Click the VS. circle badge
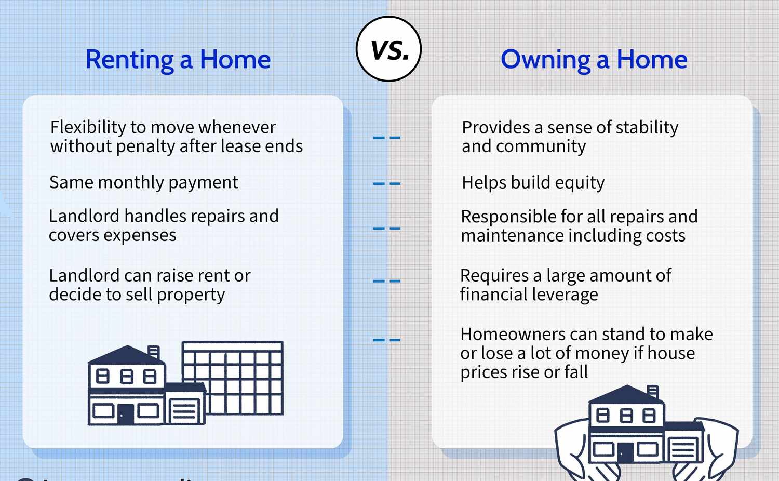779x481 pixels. point(388,49)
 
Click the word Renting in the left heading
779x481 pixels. point(129,60)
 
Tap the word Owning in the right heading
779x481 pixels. point(545,60)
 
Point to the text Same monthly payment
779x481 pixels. point(143,182)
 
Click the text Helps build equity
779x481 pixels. point(533,183)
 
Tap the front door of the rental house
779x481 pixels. point(126,414)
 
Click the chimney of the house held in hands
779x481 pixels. point(653,392)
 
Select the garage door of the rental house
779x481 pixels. point(184,410)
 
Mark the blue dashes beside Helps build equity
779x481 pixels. point(386,184)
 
